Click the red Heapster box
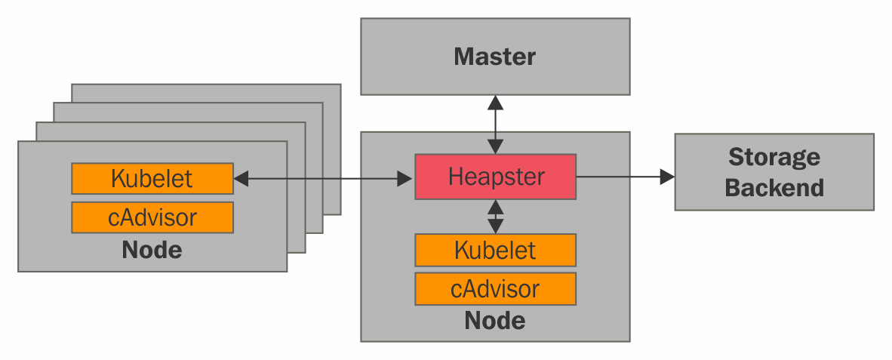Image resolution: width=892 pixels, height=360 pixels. pyautogui.click(x=495, y=177)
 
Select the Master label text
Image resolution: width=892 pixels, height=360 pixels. pyautogui.click(x=495, y=57)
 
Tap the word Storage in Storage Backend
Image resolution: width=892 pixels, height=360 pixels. pyautogui.click(x=774, y=157)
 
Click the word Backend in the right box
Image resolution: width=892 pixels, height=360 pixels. pyautogui.click(x=774, y=187)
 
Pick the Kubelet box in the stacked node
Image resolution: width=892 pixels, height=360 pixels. pyautogui.click(x=152, y=179)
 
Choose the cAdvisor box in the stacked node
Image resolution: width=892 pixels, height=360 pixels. pyautogui.click(x=152, y=217)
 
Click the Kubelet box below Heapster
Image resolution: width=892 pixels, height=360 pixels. pyautogui.click(x=495, y=250)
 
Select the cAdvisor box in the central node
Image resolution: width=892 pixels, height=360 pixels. pyautogui.click(x=495, y=288)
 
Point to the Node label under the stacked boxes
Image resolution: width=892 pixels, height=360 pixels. pyautogui.click(x=152, y=250)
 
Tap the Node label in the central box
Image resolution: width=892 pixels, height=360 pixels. pyautogui.click(x=495, y=321)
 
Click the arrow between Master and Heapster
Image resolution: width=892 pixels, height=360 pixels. pyautogui.click(x=495, y=125)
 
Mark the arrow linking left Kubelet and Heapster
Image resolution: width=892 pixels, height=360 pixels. pyautogui.click(x=325, y=179)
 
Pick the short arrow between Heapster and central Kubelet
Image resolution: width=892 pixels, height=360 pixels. pyautogui.click(x=495, y=217)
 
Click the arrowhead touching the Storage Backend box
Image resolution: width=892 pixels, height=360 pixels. pyautogui.click(x=667, y=177)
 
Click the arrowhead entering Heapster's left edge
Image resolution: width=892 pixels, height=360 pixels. pyautogui.click(x=408, y=179)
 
